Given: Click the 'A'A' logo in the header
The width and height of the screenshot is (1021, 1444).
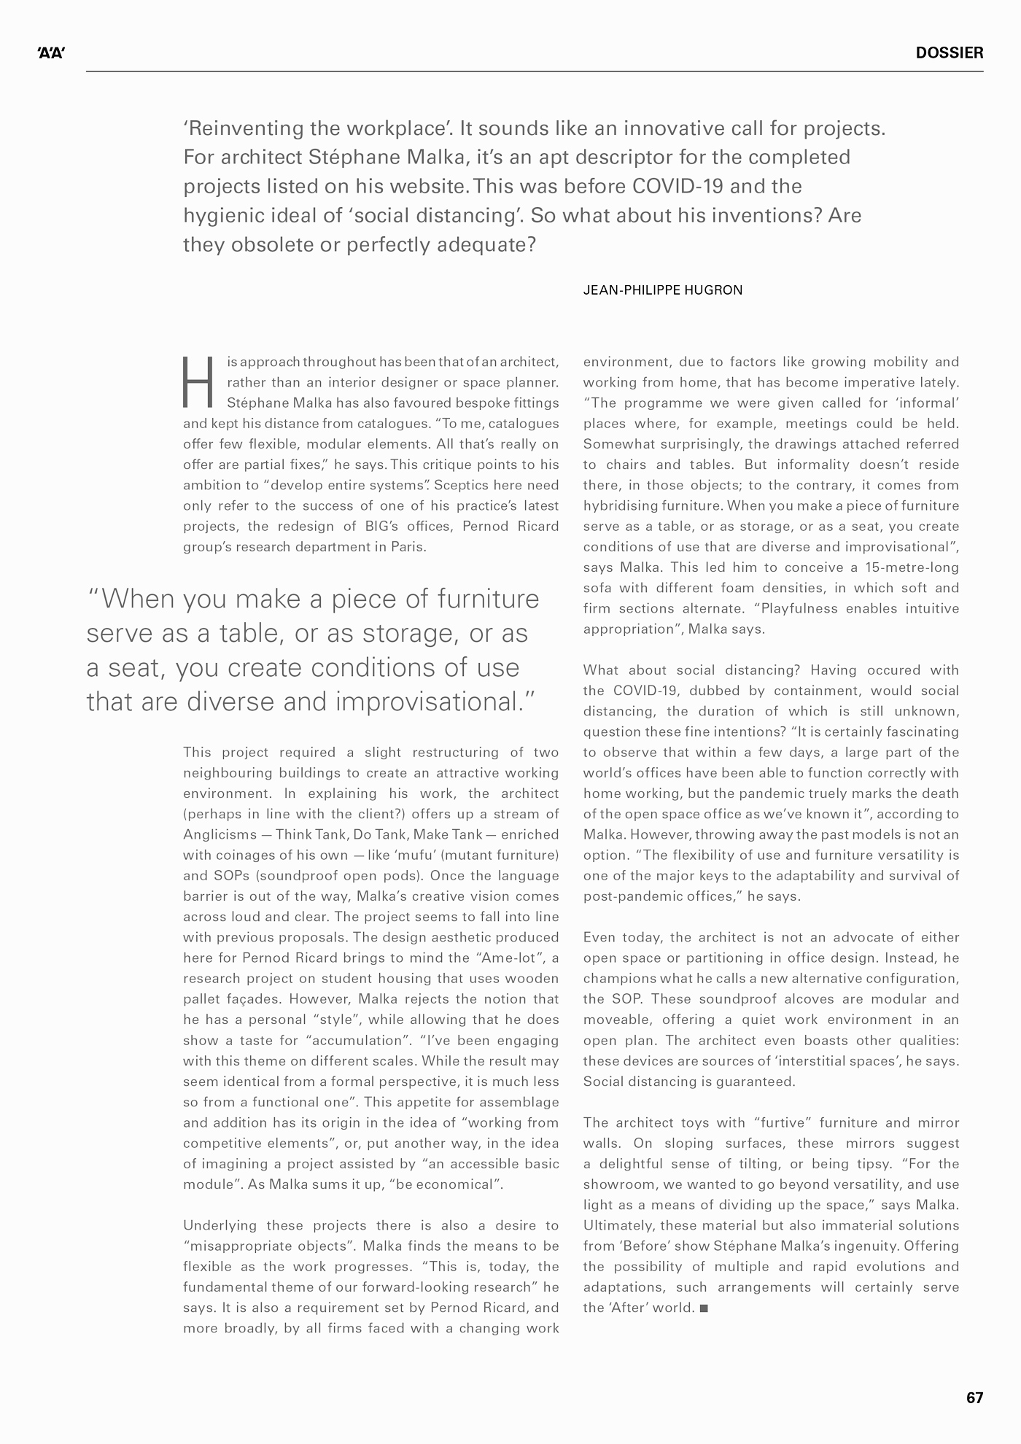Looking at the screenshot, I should (51, 53).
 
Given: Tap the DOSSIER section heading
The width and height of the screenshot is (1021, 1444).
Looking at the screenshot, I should (949, 53).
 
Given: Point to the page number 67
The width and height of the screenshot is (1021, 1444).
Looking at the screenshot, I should (974, 1398).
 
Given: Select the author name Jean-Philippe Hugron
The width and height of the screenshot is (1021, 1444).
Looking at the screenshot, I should (662, 290).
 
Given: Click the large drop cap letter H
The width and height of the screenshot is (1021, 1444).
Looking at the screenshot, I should (198, 382).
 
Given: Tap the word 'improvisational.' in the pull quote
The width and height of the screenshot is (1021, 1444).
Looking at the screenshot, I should (435, 702).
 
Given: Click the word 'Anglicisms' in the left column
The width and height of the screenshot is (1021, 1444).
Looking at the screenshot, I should (220, 835).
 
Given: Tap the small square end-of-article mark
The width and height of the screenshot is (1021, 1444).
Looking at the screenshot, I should (704, 1308).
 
